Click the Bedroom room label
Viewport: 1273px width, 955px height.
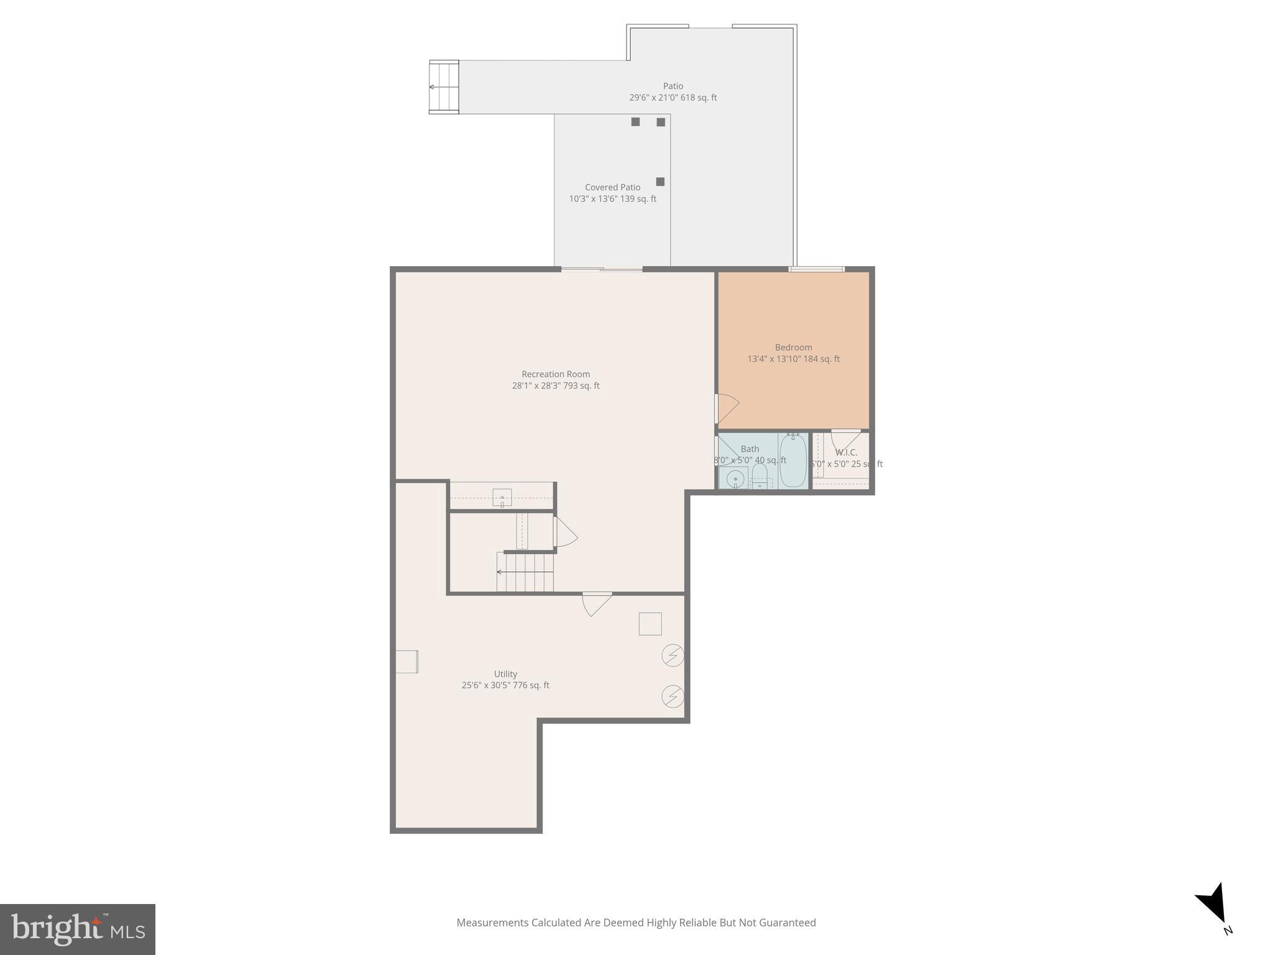[793, 348]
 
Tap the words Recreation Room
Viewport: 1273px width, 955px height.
[555, 374]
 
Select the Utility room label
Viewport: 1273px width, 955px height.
[505, 674]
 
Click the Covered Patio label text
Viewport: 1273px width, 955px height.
[612, 187]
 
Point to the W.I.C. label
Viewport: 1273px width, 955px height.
[846, 453]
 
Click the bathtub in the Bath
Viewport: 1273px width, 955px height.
[793, 461]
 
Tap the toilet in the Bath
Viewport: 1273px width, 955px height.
[760, 477]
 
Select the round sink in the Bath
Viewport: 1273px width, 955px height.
[735, 479]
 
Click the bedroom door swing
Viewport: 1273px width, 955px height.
[727, 408]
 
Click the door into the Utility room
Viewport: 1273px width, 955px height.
[597, 603]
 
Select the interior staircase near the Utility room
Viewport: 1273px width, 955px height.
[525, 572]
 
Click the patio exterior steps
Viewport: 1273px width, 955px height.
[444, 87]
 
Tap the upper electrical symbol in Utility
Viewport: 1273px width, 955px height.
[673, 655]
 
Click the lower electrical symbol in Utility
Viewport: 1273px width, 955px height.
[673, 696]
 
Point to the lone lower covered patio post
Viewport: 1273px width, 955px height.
[660, 182]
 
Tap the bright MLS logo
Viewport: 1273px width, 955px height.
[78, 930]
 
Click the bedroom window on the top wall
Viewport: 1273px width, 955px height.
[816, 269]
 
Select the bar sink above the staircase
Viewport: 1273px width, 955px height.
[502, 498]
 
